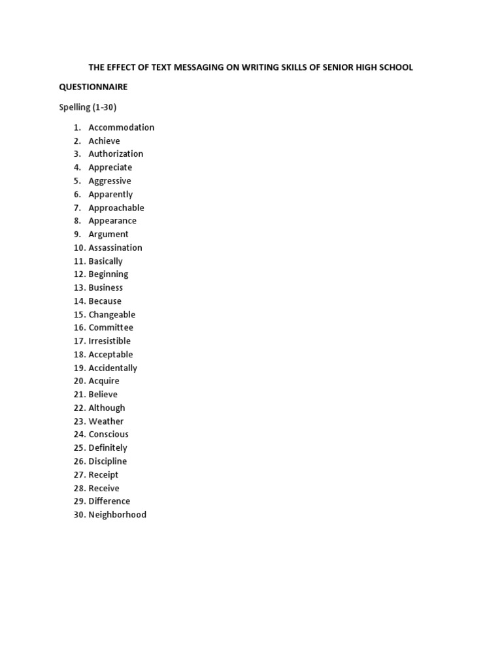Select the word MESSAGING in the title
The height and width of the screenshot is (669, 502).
[x=197, y=67]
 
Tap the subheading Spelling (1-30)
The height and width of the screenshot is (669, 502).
[x=88, y=107]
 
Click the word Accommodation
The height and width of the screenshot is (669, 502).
[x=122, y=127]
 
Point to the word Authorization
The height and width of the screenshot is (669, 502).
[x=116, y=154]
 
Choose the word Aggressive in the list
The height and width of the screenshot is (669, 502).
[x=110, y=181]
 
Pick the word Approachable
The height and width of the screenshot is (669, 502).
[x=116, y=208]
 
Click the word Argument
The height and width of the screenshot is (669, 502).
[x=109, y=235]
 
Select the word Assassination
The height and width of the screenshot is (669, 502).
[x=115, y=248]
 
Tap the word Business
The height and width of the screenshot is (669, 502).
[x=106, y=287]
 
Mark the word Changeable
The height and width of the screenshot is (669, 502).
[x=112, y=314]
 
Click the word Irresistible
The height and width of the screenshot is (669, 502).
[x=110, y=341]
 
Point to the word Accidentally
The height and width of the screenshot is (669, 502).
[x=113, y=368]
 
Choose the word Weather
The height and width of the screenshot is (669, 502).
[x=106, y=421]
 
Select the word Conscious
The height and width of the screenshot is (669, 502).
[x=109, y=434]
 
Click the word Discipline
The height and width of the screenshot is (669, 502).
[x=108, y=461]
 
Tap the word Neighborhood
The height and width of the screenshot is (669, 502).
[x=118, y=515]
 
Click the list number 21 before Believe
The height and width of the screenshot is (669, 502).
[x=80, y=395]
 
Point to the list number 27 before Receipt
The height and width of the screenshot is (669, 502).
[x=80, y=475]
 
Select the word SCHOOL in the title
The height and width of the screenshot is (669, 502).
[x=395, y=67]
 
